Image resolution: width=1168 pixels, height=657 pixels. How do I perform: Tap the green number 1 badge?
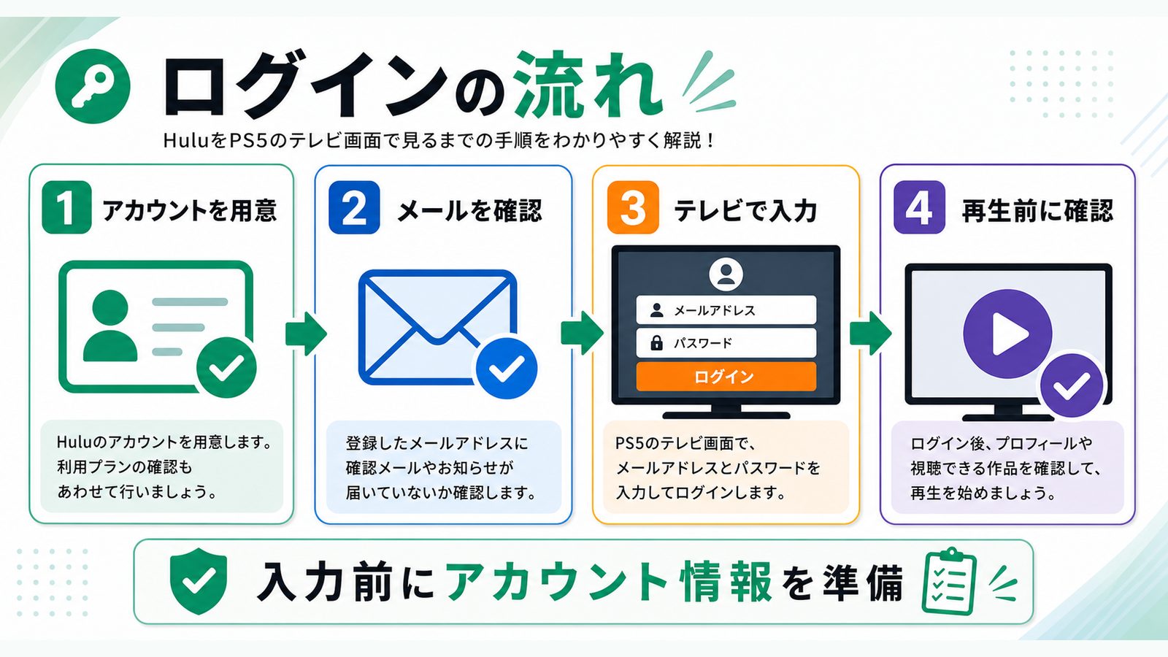tap(66, 207)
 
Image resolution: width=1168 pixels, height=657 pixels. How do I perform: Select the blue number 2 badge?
tap(354, 207)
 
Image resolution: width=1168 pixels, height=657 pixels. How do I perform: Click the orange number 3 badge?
tap(633, 207)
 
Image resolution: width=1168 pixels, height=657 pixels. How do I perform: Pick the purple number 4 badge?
tap(919, 207)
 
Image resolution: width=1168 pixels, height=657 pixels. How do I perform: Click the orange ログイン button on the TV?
tap(726, 377)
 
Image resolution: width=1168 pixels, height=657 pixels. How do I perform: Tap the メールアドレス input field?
tap(726, 310)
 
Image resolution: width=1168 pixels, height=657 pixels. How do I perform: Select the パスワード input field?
tap(726, 342)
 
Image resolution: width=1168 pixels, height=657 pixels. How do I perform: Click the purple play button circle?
tap(1007, 334)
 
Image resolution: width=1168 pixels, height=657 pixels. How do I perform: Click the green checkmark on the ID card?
tap(226, 367)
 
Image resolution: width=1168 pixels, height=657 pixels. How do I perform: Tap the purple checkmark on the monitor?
tap(1071, 385)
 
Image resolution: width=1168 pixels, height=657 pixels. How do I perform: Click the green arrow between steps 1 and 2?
tap(306, 334)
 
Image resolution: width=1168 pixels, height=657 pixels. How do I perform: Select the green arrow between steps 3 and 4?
tap(870, 334)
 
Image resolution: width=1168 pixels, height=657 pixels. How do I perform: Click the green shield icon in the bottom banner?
tap(199, 580)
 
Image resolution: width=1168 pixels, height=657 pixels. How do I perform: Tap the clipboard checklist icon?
tap(950, 581)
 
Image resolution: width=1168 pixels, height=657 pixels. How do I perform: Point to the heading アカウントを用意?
tap(189, 210)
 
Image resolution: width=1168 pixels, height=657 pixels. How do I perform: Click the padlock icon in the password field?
tap(656, 342)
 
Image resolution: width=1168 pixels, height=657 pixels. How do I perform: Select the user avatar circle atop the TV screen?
tap(726, 274)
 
